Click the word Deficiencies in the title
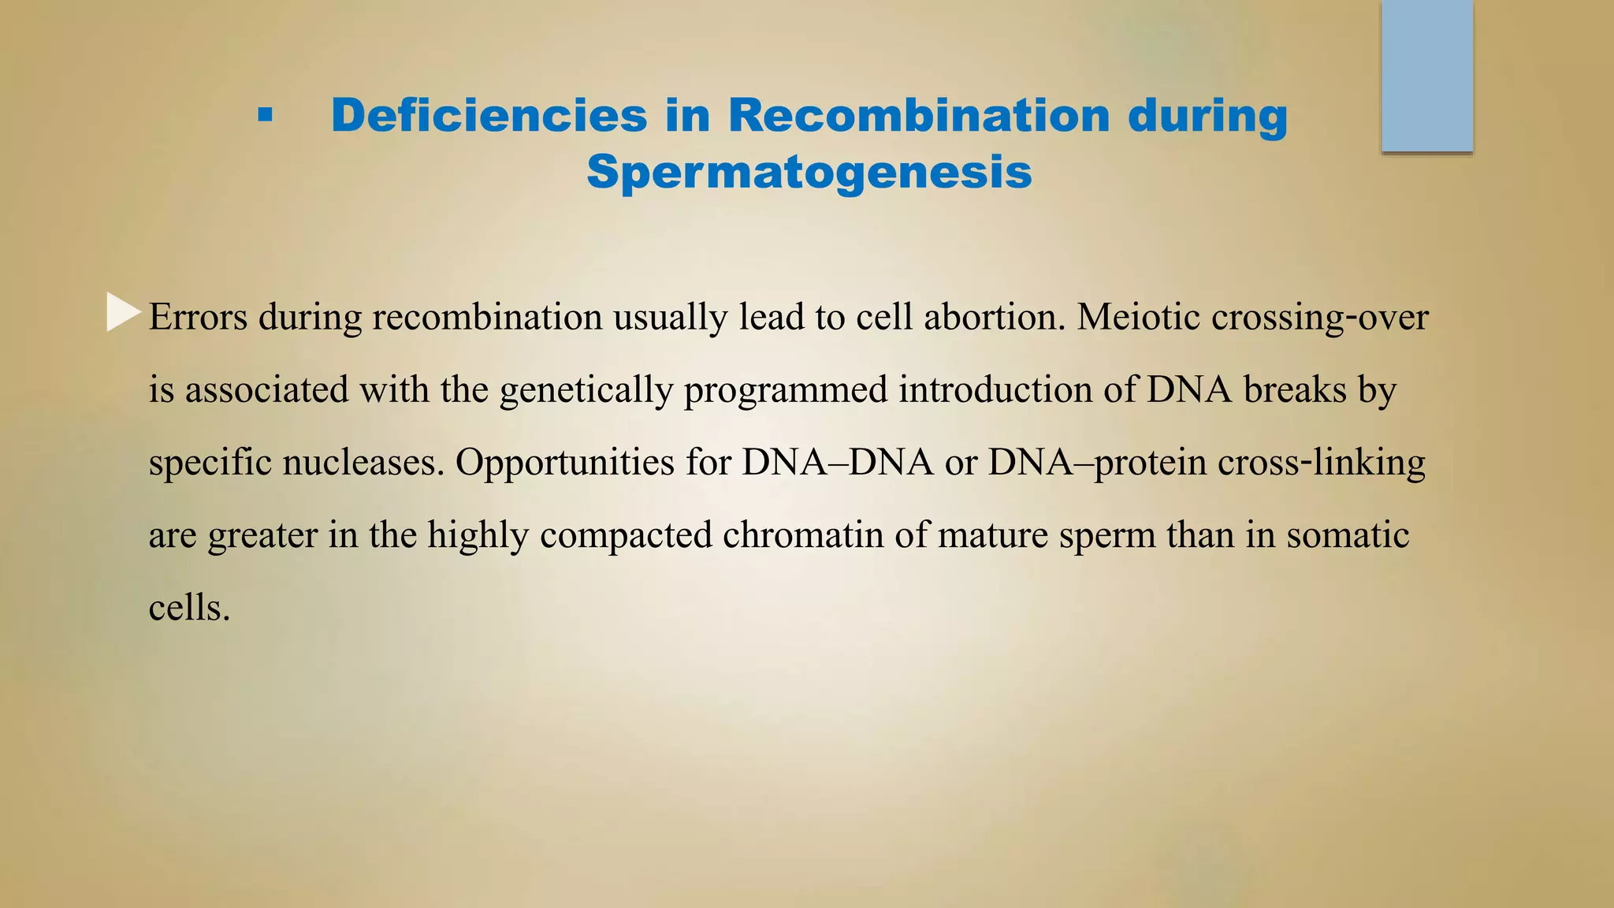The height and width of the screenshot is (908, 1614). click(489, 116)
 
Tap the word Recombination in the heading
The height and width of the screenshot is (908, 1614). click(918, 116)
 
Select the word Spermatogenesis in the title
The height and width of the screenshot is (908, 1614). click(809, 172)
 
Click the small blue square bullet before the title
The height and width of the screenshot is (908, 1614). click(265, 117)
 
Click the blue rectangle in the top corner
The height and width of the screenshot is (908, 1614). click(1426, 76)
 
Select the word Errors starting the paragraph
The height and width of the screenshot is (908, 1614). click(198, 317)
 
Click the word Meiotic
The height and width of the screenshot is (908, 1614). click(1138, 317)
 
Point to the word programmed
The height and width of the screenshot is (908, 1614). click(786, 389)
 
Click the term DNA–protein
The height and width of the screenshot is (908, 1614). click(1097, 462)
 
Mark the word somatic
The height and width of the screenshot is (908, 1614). click(1348, 534)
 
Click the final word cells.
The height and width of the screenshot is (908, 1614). click(189, 607)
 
